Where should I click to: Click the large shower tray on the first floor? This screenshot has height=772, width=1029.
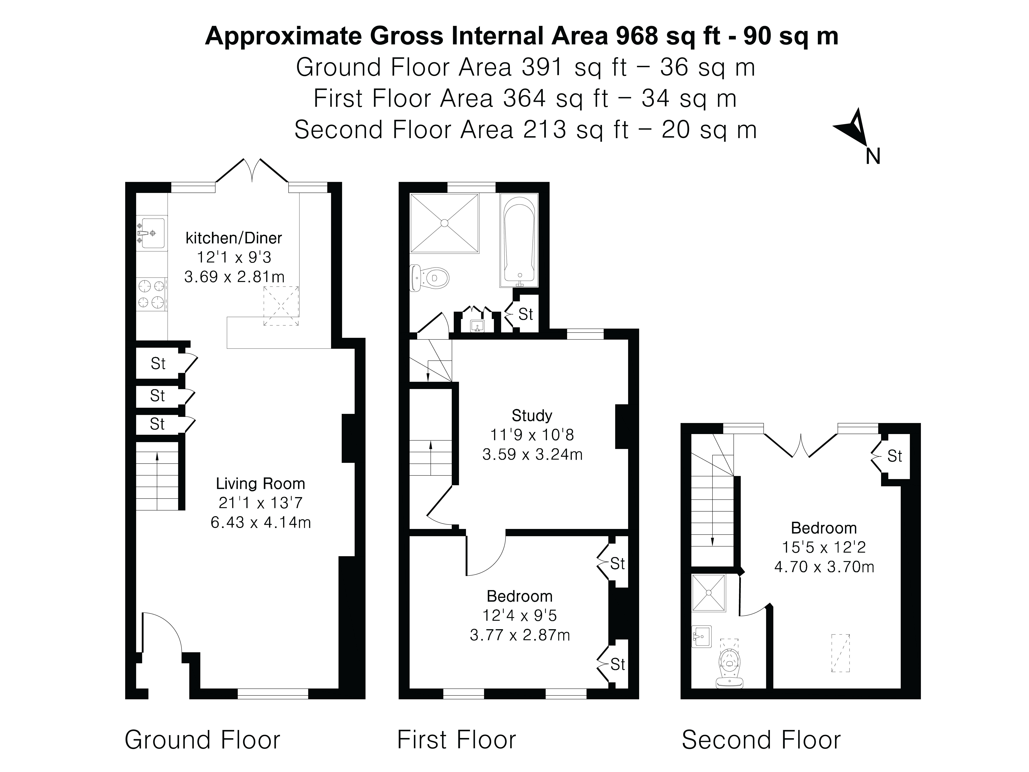(x=444, y=223)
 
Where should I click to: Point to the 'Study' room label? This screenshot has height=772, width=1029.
(x=532, y=415)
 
